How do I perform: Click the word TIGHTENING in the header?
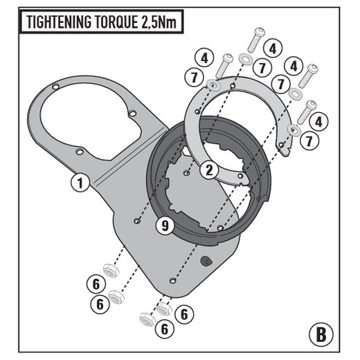pos(59,22)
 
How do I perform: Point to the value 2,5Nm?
pos(159,22)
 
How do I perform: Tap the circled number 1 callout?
pos(80,183)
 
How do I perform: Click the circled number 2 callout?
pos(209,170)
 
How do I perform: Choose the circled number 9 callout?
pos(165,226)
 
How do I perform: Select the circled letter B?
pos(321,334)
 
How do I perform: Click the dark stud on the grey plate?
pos(206,261)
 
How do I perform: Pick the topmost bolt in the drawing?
pos(255,39)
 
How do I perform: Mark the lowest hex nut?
pos(147,319)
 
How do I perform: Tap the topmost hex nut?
pos(111,270)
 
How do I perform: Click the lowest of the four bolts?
pos(307,112)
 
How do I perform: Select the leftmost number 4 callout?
pos(204,57)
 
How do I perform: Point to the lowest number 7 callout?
pos(309,141)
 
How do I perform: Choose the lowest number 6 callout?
pos(165,329)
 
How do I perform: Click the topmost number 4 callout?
pos(273,48)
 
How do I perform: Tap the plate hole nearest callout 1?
pos(80,152)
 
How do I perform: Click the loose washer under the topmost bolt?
pos(244,58)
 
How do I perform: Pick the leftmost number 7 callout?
pos(195,77)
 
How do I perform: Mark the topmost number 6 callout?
pos(96,284)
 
